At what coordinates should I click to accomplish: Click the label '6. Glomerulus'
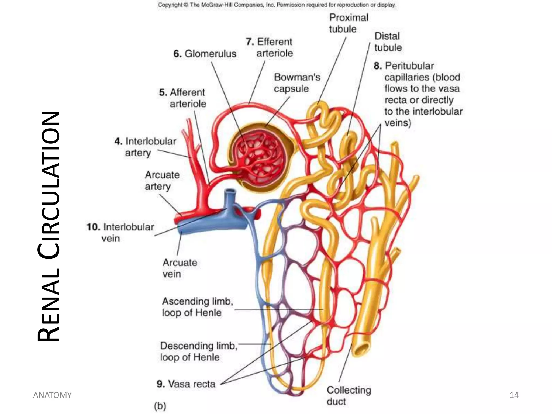click(205, 54)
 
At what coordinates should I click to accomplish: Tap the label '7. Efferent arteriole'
click(270, 47)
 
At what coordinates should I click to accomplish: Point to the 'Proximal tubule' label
click(348, 23)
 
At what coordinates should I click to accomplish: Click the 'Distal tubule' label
click(388, 42)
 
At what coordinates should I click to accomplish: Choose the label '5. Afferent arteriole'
click(183, 98)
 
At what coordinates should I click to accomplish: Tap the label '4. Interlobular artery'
click(146, 147)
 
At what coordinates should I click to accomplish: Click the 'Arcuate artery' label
click(162, 180)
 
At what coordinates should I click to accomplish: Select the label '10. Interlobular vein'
click(120, 232)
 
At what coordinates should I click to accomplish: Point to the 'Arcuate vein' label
click(180, 268)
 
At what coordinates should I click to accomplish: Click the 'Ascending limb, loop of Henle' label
click(197, 307)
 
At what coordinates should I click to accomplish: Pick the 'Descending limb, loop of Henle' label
click(198, 351)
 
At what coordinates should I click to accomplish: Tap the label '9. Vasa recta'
click(186, 384)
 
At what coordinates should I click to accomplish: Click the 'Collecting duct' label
click(349, 395)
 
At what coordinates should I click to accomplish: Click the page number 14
click(514, 395)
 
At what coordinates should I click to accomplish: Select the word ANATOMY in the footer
click(52, 395)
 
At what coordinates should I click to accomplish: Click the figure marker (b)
click(160, 406)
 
